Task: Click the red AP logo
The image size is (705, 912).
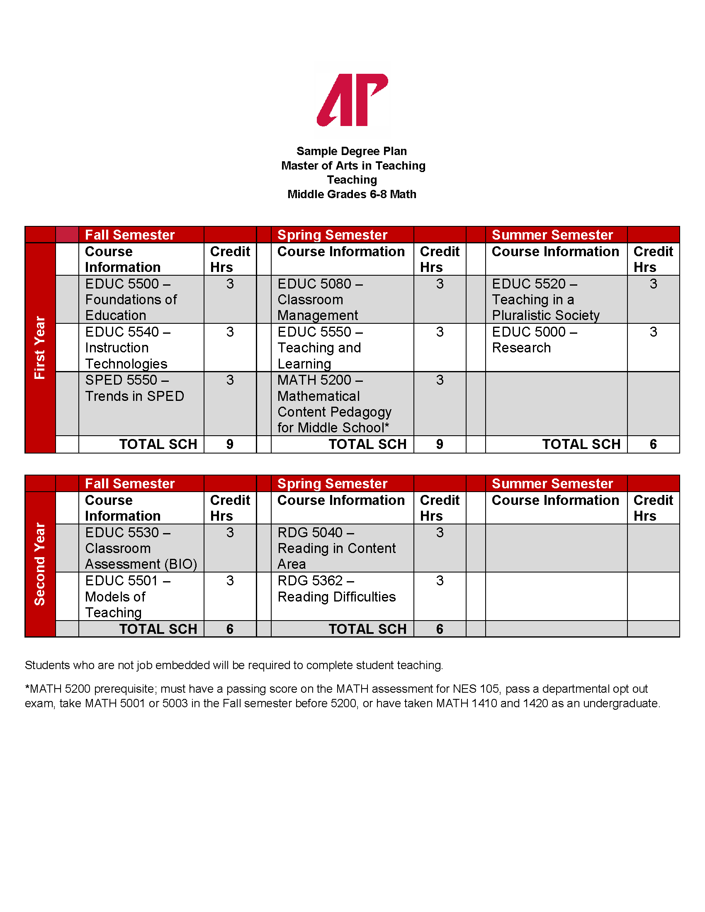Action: pyautogui.click(x=352, y=100)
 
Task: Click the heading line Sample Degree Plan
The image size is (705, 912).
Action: pyautogui.click(x=352, y=151)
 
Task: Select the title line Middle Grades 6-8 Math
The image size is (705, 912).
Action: pyautogui.click(x=352, y=194)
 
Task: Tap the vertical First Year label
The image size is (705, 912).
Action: pyautogui.click(x=40, y=347)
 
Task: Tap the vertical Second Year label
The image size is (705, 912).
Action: pyautogui.click(x=40, y=564)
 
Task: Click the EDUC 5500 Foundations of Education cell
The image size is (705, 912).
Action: pyautogui.click(x=131, y=299)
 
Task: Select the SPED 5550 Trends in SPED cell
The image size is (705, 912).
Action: pyautogui.click(x=134, y=388)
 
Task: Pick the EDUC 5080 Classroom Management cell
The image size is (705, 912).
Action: pyautogui.click(x=320, y=299)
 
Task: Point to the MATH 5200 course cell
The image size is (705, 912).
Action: pyautogui.click(x=334, y=404)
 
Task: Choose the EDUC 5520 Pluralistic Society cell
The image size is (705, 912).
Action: pyautogui.click(x=545, y=299)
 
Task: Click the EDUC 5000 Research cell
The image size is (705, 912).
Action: pyautogui.click(x=535, y=340)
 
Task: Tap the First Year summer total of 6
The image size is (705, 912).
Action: pyautogui.click(x=653, y=444)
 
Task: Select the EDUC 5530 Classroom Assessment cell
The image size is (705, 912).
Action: pyautogui.click(x=141, y=548)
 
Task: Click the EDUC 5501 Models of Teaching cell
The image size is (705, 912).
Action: pyautogui.click(x=127, y=596)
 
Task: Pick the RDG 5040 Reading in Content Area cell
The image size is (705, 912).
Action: pyautogui.click(x=336, y=548)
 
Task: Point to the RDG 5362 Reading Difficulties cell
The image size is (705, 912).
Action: pyautogui.click(x=336, y=589)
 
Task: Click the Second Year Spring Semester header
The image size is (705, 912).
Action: pyautogui.click(x=333, y=483)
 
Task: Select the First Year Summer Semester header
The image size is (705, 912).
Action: pyautogui.click(x=552, y=235)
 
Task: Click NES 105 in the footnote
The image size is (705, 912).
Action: pyautogui.click(x=476, y=689)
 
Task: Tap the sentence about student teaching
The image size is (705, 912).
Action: pyautogui.click(x=234, y=665)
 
